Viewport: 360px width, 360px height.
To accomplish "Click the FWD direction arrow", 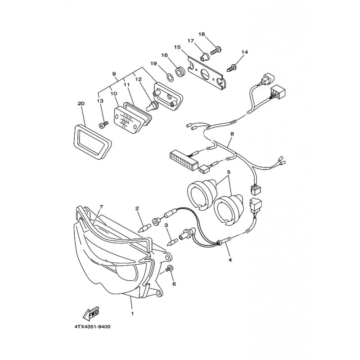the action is coord(91,313).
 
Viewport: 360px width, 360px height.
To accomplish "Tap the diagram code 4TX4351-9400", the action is coord(92,327).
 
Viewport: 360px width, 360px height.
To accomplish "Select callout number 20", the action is coord(81,103).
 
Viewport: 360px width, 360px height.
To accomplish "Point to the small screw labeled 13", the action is coord(103,125).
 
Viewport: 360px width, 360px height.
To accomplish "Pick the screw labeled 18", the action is coord(216,50).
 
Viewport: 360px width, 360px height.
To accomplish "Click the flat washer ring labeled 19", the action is coord(170,78).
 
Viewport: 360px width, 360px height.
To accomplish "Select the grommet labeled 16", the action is coord(180,72).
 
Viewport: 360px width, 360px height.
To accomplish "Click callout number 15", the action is coord(177,47).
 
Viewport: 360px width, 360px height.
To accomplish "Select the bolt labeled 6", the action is coord(170,268).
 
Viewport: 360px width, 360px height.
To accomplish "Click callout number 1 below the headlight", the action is coord(132,313).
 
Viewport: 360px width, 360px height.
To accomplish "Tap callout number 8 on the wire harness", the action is coord(232,134).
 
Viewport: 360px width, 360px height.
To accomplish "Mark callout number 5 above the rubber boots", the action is coord(229,172).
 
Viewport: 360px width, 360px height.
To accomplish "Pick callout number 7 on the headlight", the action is coord(102,207).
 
